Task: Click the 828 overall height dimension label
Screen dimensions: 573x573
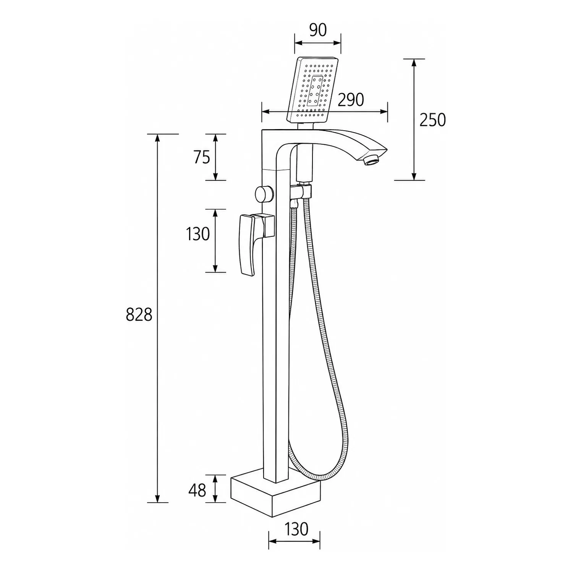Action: (x=139, y=315)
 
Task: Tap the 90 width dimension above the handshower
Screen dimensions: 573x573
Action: (x=318, y=30)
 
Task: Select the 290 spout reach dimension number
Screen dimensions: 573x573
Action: (x=351, y=100)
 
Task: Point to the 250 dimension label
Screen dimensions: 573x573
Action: (x=432, y=120)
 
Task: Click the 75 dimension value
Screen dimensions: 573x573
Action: (x=202, y=157)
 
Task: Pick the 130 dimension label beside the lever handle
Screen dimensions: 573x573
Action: (x=198, y=234)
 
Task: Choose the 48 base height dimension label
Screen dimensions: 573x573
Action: (x=197, y=490)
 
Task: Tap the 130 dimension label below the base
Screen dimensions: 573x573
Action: (x=296, y=529)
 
